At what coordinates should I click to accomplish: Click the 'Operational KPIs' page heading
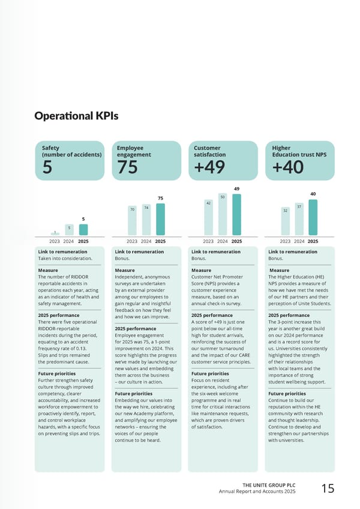pyautogui.click(x=76, y=116)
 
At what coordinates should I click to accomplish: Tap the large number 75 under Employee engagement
pyautogui.click(x=128, y=167)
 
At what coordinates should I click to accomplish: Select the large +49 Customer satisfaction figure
pyautogui.click(x=209, y=167)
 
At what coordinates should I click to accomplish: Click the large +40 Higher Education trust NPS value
pyautogui.click(x=287, y=167)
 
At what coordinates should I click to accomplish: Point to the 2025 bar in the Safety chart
pyautogui.click(x=83, y=230)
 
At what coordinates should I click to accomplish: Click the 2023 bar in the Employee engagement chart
pyautogui.click(x=132, y=220)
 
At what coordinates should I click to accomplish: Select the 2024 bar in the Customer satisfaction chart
pyautogui.click(x=223, y=214)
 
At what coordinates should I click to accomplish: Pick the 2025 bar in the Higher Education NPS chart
pyautogui.click(x=313, y=217)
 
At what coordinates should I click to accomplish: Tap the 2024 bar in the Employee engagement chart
pyautogui.click(x=146, y=220)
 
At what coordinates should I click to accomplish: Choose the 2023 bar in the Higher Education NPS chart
pyautogui.click(x=285, y=221)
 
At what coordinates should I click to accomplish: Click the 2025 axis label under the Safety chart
pyautogui.click(x=83, y=241)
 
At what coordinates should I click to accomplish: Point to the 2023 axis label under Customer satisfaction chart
pyautogui.click(x=208, y=241)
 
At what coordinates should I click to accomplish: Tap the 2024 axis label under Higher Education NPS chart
pyautogui.click(x=299, y=241)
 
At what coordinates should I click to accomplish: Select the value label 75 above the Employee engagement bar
pyautogui.click(x=160, y=198)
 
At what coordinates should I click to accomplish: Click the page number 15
pyautogui.click(x=328, y=489)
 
